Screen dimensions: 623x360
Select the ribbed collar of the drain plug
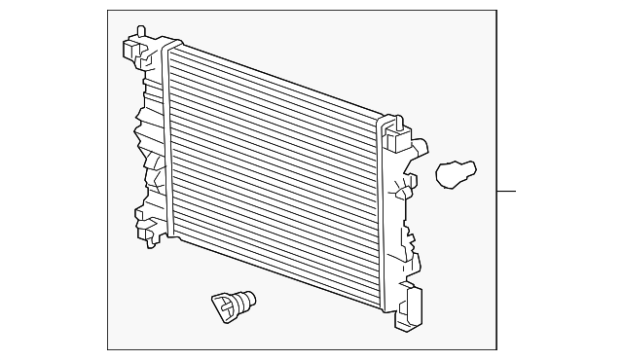click(x=238, y=301)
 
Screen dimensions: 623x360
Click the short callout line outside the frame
click(x=506, y=191)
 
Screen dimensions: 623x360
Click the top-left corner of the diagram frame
click(x=107, y=11)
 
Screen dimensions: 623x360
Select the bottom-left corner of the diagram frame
click(x=107, y=349)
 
